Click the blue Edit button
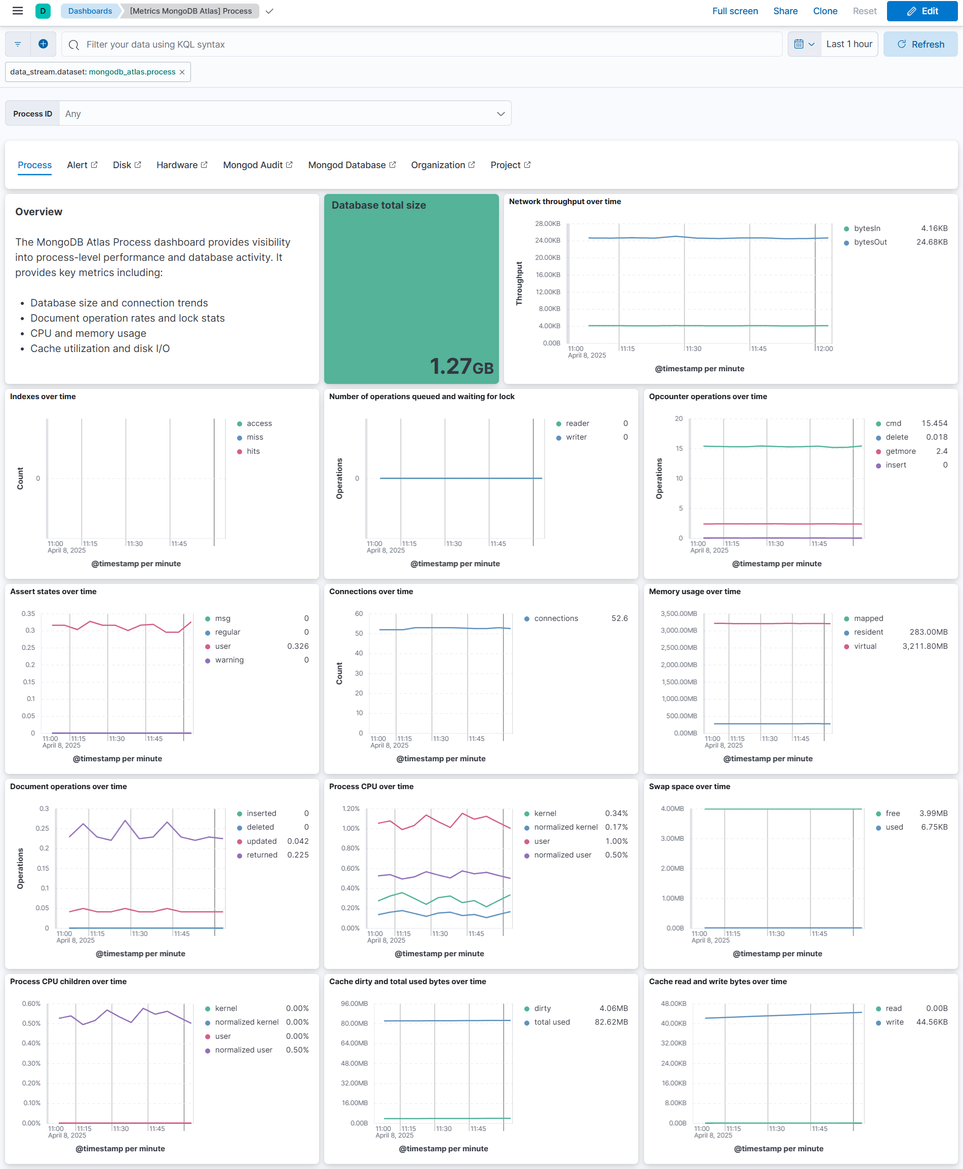921,11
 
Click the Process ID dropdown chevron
500,113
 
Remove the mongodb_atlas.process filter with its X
182,72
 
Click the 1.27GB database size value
461,366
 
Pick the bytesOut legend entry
870,242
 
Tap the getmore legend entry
900,451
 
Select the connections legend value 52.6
619,618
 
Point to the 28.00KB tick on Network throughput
547,223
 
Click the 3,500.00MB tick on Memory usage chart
678,613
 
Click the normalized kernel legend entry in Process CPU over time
565,827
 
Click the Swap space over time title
689,787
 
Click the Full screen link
735,11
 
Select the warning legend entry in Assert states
229,660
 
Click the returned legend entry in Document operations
262,855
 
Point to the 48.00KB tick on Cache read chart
673,1004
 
